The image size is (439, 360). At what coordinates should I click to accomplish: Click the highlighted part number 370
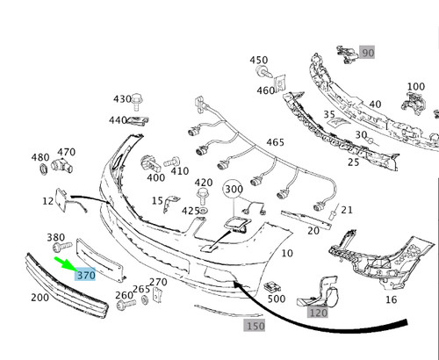coord(85,275)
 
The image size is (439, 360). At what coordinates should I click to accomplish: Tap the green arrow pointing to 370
coord(66,263)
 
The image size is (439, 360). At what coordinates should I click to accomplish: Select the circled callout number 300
coord(234,189)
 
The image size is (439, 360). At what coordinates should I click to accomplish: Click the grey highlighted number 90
coord(367,53)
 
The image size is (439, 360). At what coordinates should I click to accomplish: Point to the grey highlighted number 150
coord(255,326)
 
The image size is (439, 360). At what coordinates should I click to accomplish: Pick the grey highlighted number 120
coord(318,313)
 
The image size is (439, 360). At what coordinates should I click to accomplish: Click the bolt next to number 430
coord(137,101)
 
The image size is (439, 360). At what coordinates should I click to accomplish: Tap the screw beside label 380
coord(62,247)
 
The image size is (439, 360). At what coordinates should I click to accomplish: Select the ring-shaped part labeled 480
coord(43,169)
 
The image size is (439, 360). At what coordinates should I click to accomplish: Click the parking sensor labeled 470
coord(61,166)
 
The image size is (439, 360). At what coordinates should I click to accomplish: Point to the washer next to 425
coord(202,211)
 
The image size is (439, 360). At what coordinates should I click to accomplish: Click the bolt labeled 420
coord(202,196)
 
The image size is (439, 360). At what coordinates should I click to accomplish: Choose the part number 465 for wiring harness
coord(275,142)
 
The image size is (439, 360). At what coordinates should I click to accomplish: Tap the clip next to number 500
coord(272,287)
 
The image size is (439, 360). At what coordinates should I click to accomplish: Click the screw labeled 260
coord(126,304)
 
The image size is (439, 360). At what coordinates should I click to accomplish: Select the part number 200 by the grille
coord(40,298)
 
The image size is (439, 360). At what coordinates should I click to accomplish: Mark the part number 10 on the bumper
coord(287,253)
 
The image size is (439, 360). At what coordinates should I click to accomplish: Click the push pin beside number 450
coord(263,71)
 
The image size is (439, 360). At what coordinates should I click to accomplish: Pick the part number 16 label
coord(391,299)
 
